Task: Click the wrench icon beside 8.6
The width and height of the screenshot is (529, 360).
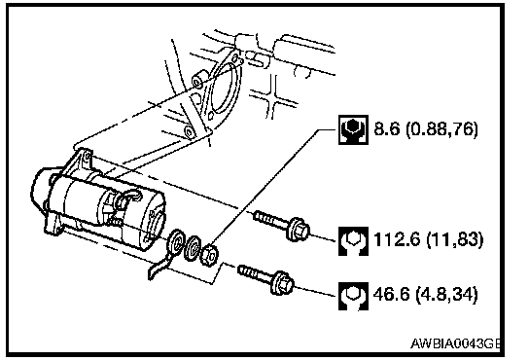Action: (x=353, y=130)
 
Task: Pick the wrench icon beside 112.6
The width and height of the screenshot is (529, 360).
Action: (x=353, y=240)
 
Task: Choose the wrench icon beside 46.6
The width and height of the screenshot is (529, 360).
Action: (x=353, y=296)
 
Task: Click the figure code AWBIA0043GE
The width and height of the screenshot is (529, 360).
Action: (x=455, y=343)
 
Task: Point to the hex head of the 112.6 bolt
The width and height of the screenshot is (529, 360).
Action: (x=298, y=230)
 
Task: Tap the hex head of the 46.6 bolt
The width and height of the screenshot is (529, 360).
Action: (x=282, y=283)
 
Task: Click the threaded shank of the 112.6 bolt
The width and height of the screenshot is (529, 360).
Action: (x=270, y=219)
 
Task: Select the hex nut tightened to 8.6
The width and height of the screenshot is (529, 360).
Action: (x=209, y=255)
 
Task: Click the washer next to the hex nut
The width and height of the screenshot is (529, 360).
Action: (x=194, y=248)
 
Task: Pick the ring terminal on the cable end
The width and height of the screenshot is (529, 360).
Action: (x=176, y=242)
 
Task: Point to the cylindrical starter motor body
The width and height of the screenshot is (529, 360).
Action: (x=108, y=209)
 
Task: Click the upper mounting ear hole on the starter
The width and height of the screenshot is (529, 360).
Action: (x=88, y=157)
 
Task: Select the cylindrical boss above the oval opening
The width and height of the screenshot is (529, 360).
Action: (x=199, y=80)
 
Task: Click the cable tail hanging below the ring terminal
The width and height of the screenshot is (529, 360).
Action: (x=159, y=269)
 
